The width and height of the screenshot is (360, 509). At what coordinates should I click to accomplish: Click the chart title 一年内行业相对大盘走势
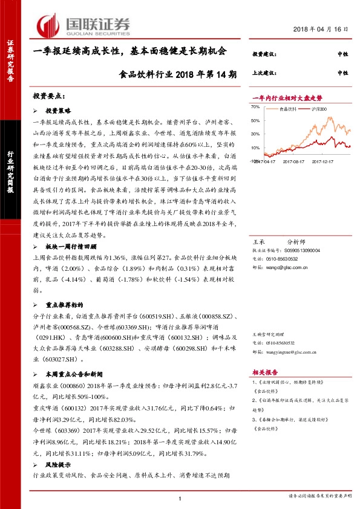tap(287, 97)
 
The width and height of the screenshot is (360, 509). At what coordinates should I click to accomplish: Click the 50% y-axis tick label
tap(255, 120)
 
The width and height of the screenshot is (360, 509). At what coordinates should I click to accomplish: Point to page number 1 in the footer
tap(180, 498)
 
